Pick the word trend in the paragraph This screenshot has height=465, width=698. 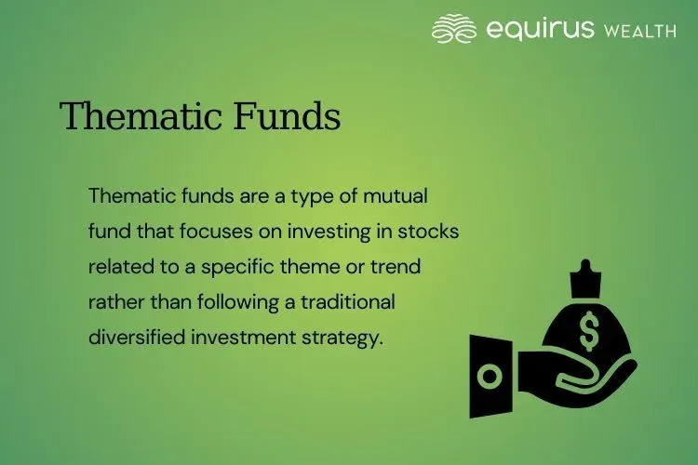coord(396,268)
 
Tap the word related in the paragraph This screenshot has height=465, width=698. coord(118,268)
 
